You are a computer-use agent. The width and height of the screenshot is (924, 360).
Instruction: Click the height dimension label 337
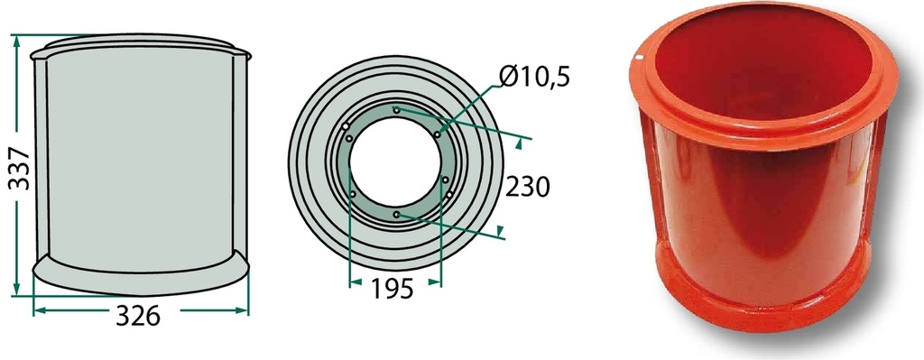point(20,168)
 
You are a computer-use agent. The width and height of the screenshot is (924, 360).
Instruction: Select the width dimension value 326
point(138,317)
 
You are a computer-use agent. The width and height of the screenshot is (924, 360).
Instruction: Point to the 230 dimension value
point(527,187)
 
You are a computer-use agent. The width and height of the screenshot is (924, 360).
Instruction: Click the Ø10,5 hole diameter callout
point(534,77)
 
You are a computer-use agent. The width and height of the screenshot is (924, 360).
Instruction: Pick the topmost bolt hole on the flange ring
point(397,109)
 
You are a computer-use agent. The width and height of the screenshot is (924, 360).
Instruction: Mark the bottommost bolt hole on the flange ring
point(397,215)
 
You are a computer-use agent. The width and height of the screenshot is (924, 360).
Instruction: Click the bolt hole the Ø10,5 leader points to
point(438,134)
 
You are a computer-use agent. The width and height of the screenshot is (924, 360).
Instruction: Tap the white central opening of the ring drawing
point(395,162)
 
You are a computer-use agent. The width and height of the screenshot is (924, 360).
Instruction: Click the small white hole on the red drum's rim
point(639,58)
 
